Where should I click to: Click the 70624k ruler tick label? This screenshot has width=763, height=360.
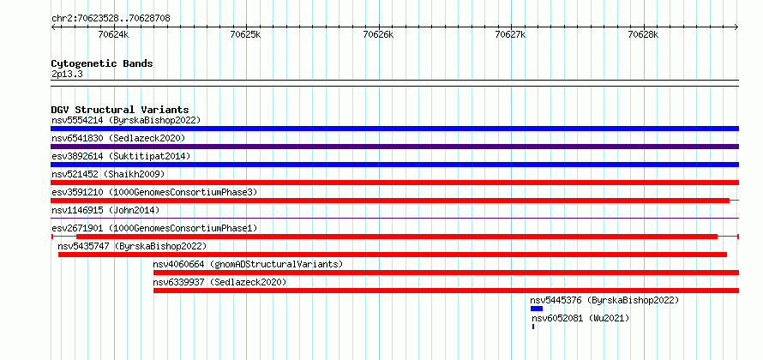pos(113,34)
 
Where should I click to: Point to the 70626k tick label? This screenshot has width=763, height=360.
pos(379,34)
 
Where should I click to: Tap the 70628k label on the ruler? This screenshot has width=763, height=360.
pos(643,34)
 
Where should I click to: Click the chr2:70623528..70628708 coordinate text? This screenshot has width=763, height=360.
pos(111,19)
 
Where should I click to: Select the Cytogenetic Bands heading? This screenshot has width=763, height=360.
pos(102,63)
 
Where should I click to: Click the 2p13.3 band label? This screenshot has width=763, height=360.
pos(66,75)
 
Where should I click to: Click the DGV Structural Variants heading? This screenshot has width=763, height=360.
pos(120,110)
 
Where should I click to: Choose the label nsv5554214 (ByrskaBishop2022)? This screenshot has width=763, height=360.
pos(126,120)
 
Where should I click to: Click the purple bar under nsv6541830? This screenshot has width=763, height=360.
pos(394,147)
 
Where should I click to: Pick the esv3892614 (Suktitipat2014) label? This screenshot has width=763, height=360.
pos(121,156)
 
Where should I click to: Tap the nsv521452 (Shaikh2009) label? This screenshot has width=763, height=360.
pos(108,174)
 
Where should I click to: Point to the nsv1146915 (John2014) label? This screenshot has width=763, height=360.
pos(105,210)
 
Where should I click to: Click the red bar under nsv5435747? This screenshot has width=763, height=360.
pos(392,255)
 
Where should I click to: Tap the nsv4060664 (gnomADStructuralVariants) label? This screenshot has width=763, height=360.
pos(248,264)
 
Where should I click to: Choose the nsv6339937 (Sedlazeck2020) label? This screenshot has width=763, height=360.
pos(219,282)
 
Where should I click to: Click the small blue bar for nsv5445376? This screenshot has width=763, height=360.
pos(536,309)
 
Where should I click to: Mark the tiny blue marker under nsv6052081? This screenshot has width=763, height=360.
pos(533,327)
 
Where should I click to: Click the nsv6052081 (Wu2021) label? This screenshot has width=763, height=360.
pos(580,318)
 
